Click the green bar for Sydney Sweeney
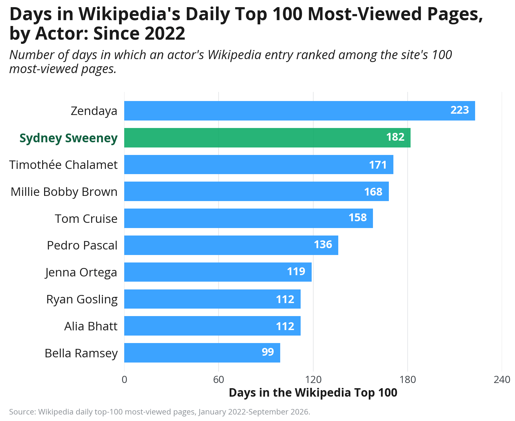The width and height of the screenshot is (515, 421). tap(267, 137)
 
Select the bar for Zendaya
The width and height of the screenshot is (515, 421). tap(299, 110)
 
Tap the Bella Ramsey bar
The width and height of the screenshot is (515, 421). tap(202, 352)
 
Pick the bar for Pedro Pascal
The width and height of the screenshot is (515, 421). tap(231, 245)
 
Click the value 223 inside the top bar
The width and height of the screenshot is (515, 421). tap(460, 110)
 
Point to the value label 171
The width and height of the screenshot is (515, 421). tap(378, 165)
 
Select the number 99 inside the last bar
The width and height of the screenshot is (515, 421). tap(268, 352)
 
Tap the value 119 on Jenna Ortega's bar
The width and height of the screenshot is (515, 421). tap(296, 271)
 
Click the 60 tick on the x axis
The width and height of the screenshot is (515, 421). tap(218, 379)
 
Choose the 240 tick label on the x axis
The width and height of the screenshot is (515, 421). tap(502, 379)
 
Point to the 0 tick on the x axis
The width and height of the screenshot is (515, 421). tap(124, 379)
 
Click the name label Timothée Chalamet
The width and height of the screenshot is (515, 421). tap(63, 165)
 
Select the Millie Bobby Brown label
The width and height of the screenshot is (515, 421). tap(64, 192)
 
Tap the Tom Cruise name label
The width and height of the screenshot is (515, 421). tap(86, 218)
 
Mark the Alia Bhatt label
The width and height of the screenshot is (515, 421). tap(91, 326)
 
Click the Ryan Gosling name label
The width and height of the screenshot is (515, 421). tap(82, 300)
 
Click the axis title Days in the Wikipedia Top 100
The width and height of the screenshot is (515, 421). tap(313, 393)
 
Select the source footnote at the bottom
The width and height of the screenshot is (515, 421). tap(160, 412)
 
